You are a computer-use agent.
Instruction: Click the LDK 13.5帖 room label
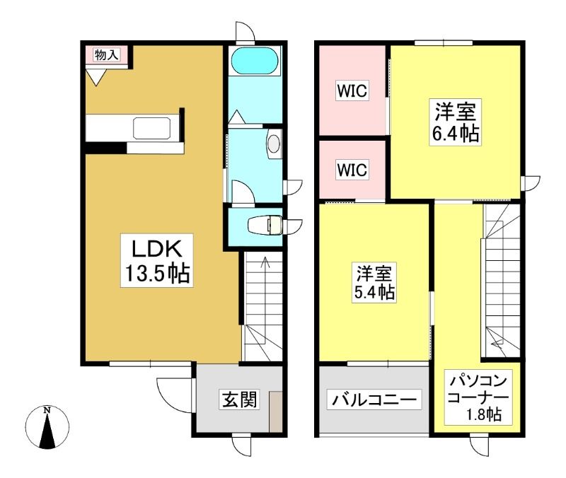click(x=156, y=260)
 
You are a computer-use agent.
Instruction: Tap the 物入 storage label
click(x=106, y=55)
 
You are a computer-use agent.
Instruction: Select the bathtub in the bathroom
click(x=255, y=61)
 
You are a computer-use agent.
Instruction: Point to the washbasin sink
click(x=274, y=144)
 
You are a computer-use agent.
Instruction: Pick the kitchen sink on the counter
click(x=151, y=128)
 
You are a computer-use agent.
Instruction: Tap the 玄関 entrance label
click(x=239, y=400)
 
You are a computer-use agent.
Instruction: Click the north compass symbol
click(x=47, y=427)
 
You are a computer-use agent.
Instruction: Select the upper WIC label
click(x=352, y=91)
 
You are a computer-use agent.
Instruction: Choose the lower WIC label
click(x=352, y=170)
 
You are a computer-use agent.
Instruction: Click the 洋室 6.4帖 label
click(x=455, y=122)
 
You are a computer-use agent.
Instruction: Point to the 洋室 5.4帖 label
click(x=374, y=282)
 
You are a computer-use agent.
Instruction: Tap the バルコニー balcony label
click(x=374, y=400)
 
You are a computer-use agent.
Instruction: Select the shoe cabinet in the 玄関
click(x=276, y=412)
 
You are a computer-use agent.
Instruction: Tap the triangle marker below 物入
click(x=96, y=77)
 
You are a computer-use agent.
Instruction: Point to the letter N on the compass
click(x=47, y=410)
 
